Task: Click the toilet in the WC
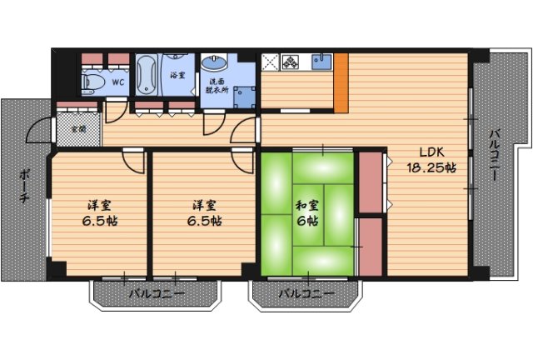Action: pyautogui.click(x=92, y=82)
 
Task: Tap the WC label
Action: pyautogui.click(x=118, y=82)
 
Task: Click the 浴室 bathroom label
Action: pyautogui.click(x=177, y=75)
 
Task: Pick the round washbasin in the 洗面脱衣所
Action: pyautogui.click(x=214, y=63)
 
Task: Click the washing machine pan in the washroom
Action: pyautogui.click(x=244, y=97)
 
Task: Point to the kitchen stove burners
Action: pyautogui.click(x=290, y=62)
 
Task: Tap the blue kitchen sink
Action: pyautogui.click(x=321, y=62)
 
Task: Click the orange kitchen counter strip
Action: pyautogui.click(x=341, y=82)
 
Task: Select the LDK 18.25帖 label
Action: pyautogui.click(x=431, y=160)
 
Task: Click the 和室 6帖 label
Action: pyautogui.click(x=307, y=213)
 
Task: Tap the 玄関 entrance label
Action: pyautogui.click(x=78, y=129)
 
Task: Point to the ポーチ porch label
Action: pyautogui.click(x=23, y=186)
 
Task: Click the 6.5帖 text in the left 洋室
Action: pyautogui.click(x=100, y=221)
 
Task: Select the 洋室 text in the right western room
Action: pyautogui.click(x=204, y=205)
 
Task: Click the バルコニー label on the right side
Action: pyautogui.click(x=494, y=155)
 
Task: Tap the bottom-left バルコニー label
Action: pyautogui.click(x=157, y=293)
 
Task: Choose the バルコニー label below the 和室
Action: pyautogui.click(x=306, y=293)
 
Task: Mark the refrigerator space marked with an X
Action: pyautogui.click(x=270, y=62)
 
